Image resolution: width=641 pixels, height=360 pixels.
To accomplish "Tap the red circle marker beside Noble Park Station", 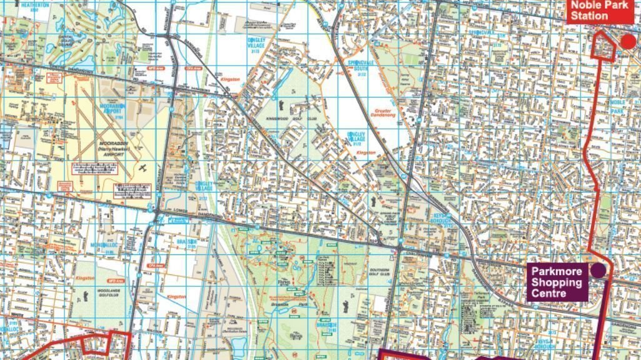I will point(628,41).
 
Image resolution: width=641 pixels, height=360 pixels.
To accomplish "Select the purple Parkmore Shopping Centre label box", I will point(557,282).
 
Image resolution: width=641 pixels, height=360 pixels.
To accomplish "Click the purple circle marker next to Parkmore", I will point(598,270).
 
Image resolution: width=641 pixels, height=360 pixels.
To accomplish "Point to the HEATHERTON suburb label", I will point(34,4).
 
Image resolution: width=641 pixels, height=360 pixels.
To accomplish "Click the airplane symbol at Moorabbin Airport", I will point(143,168).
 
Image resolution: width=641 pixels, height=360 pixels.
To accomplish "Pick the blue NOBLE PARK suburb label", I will point(617,106).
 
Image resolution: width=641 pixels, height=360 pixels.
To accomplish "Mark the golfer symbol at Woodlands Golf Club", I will point(84,297).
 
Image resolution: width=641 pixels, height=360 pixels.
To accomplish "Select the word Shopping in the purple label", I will point(557,282).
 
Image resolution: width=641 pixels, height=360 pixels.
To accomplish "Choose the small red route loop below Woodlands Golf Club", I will point(94,344).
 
